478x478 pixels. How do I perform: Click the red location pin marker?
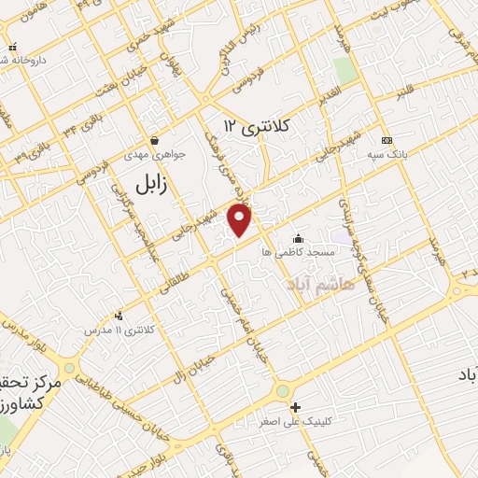point(241,221)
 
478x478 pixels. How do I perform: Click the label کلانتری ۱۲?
point(259,125)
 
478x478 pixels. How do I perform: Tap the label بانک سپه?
point(387,154)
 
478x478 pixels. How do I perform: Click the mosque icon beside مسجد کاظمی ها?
point(298,238)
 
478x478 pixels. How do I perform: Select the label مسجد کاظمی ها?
point(298,252)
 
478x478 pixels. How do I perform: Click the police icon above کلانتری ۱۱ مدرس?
point(119,316)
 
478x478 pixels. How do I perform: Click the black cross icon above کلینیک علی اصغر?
point(296,407)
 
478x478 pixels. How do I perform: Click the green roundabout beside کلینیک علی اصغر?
point(282,391)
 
